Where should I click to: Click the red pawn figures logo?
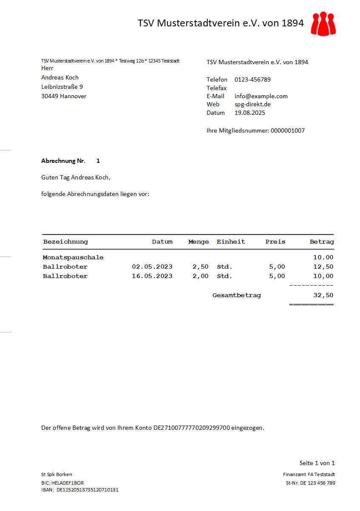tap(323, 23)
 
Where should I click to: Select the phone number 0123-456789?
tap(252, 79)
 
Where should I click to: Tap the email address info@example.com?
tap(261, 96)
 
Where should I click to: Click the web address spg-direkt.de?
tap(252, 104)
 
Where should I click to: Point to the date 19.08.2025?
tap(250, 113)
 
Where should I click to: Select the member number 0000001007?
tap(287, 131)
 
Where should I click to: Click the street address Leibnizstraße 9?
tap(62, 87)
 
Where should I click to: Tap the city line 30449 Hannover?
tap(64, 96)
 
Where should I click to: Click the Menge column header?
tap(198, 242)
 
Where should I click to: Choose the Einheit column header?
tap(231, 242)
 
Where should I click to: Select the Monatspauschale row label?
tap(73, 257)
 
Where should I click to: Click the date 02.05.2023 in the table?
tap(152, 267)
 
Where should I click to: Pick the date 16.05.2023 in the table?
tap(152, 276)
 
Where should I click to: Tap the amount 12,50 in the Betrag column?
tap(323, 267)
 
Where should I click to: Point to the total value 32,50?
tap(323, 295)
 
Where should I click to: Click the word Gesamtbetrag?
tap(237, 295)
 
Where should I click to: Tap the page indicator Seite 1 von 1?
tap(317, 463)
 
